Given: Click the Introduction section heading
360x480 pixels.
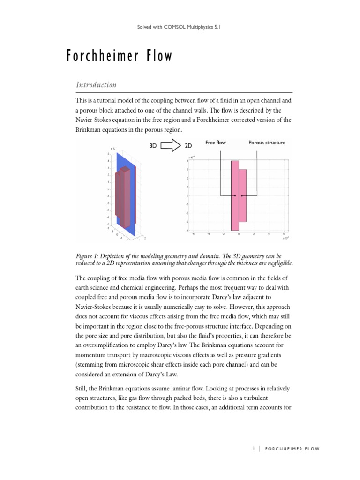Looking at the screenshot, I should point(96,85).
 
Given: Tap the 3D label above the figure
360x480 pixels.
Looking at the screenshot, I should point(153,146).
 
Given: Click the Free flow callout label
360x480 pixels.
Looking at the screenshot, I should point(216,142).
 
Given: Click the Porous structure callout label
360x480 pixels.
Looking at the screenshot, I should point(267,142).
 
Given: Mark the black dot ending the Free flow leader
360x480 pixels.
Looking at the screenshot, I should point(235,195).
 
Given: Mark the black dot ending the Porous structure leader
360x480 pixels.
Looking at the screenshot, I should point(242,195).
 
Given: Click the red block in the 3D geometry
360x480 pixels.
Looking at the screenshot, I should point(124,197).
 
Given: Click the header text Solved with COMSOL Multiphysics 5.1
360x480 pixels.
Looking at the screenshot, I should point(180,28).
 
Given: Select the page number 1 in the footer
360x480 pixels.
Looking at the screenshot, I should point(254,449).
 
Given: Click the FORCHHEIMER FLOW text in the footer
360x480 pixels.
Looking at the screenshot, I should point(292,449).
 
